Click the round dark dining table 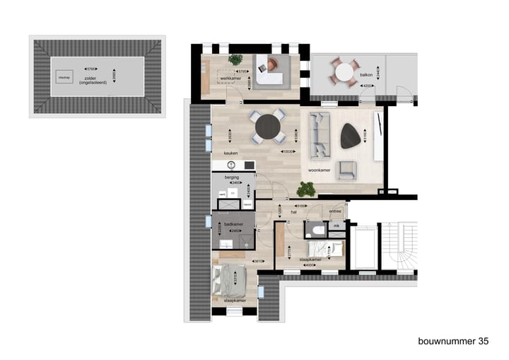point(268,127)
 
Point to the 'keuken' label point(230,153)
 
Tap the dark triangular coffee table point(350,136)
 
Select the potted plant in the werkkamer point(235,60)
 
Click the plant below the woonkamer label point(306,189)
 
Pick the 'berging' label point(231,176)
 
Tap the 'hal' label point(292,211)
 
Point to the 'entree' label point(335,211)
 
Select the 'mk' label point(336,226)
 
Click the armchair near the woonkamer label point(346,169)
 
